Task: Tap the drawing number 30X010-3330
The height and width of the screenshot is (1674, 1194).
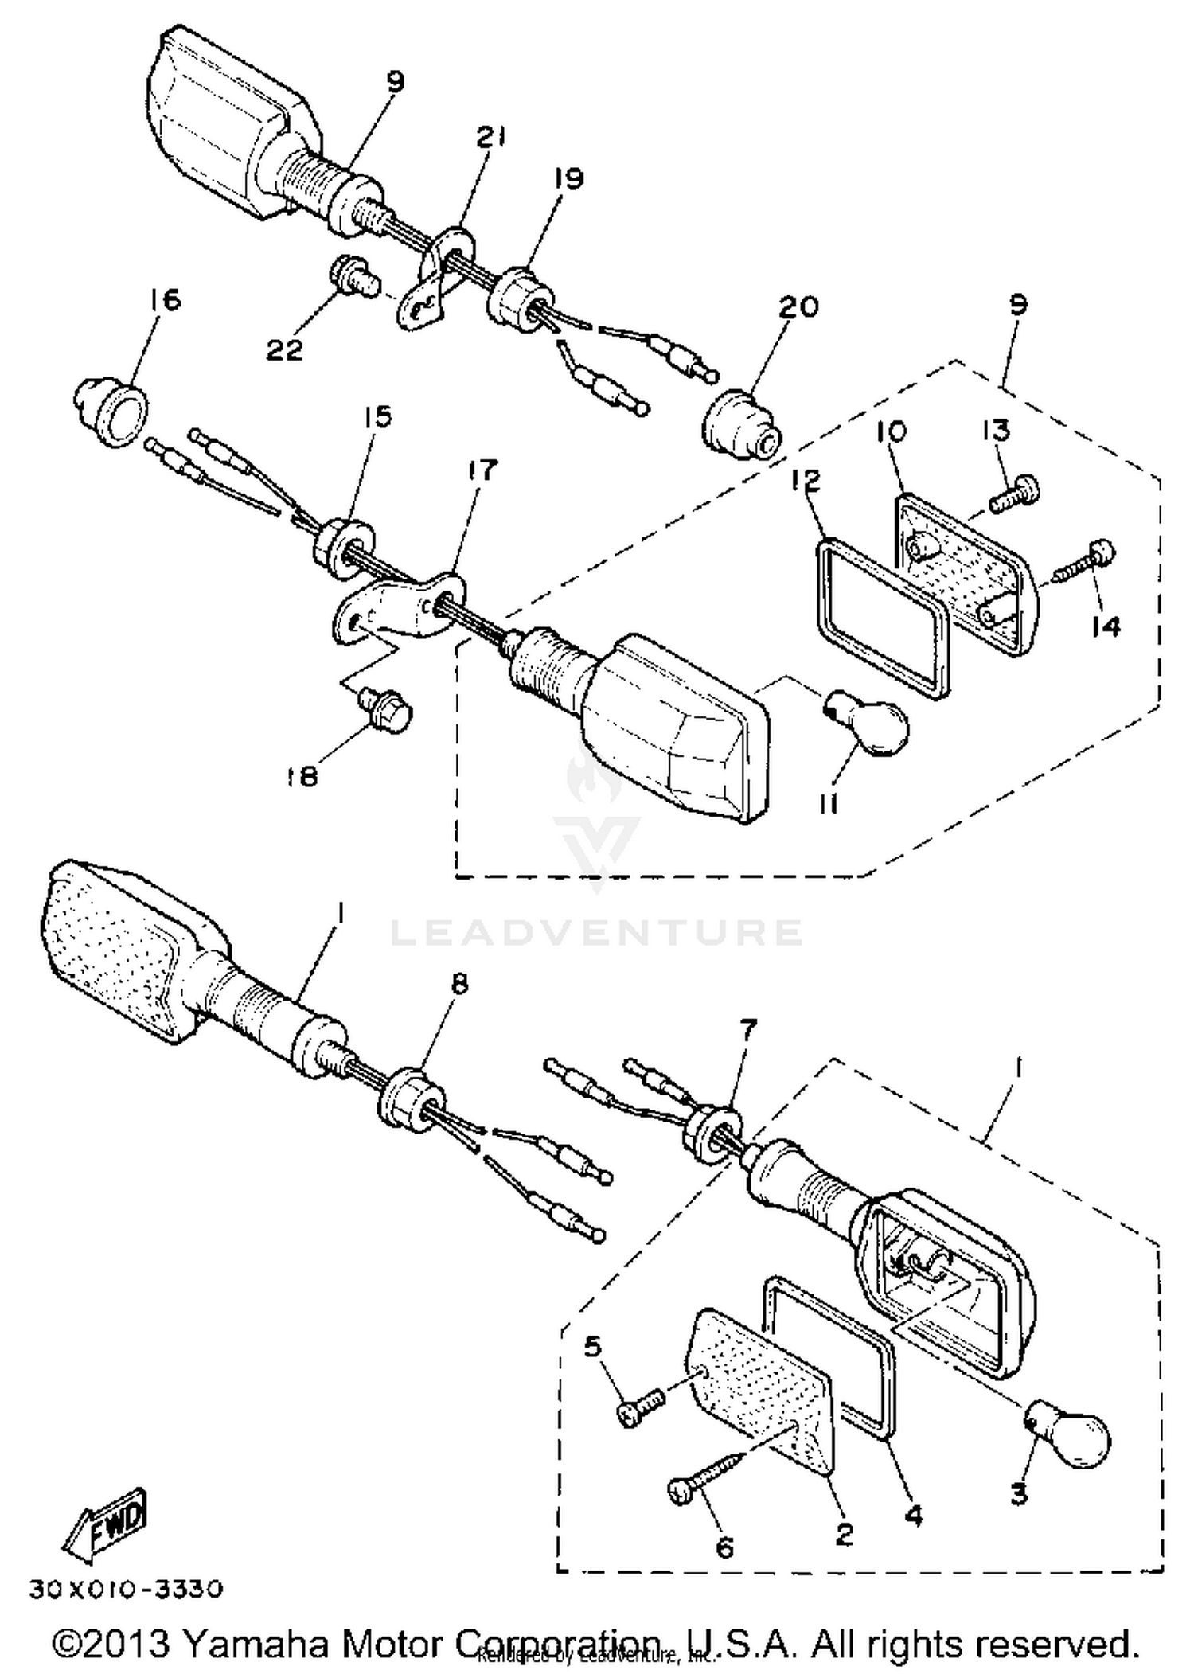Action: [126, 1590]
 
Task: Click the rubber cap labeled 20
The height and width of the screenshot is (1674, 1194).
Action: [741, 425]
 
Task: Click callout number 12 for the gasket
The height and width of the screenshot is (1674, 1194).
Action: [806, 481]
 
